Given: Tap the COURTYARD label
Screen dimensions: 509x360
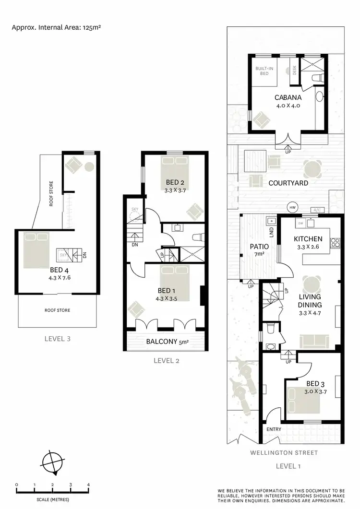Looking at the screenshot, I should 288,183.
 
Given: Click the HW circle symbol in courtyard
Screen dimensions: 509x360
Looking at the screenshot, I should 292,208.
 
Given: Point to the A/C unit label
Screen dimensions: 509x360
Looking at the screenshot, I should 317,210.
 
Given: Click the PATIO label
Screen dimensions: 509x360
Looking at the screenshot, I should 259,246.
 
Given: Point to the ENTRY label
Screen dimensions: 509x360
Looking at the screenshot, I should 274,429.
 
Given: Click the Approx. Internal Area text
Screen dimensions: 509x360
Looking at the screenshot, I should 56,27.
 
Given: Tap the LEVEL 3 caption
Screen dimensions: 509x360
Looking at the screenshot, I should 57,339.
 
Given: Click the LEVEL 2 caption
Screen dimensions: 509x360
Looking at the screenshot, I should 166,361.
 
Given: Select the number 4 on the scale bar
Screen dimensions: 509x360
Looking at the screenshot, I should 88,485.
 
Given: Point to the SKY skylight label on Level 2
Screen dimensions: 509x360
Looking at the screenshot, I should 135,210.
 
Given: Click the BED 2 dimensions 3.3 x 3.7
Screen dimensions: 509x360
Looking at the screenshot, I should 175,190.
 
